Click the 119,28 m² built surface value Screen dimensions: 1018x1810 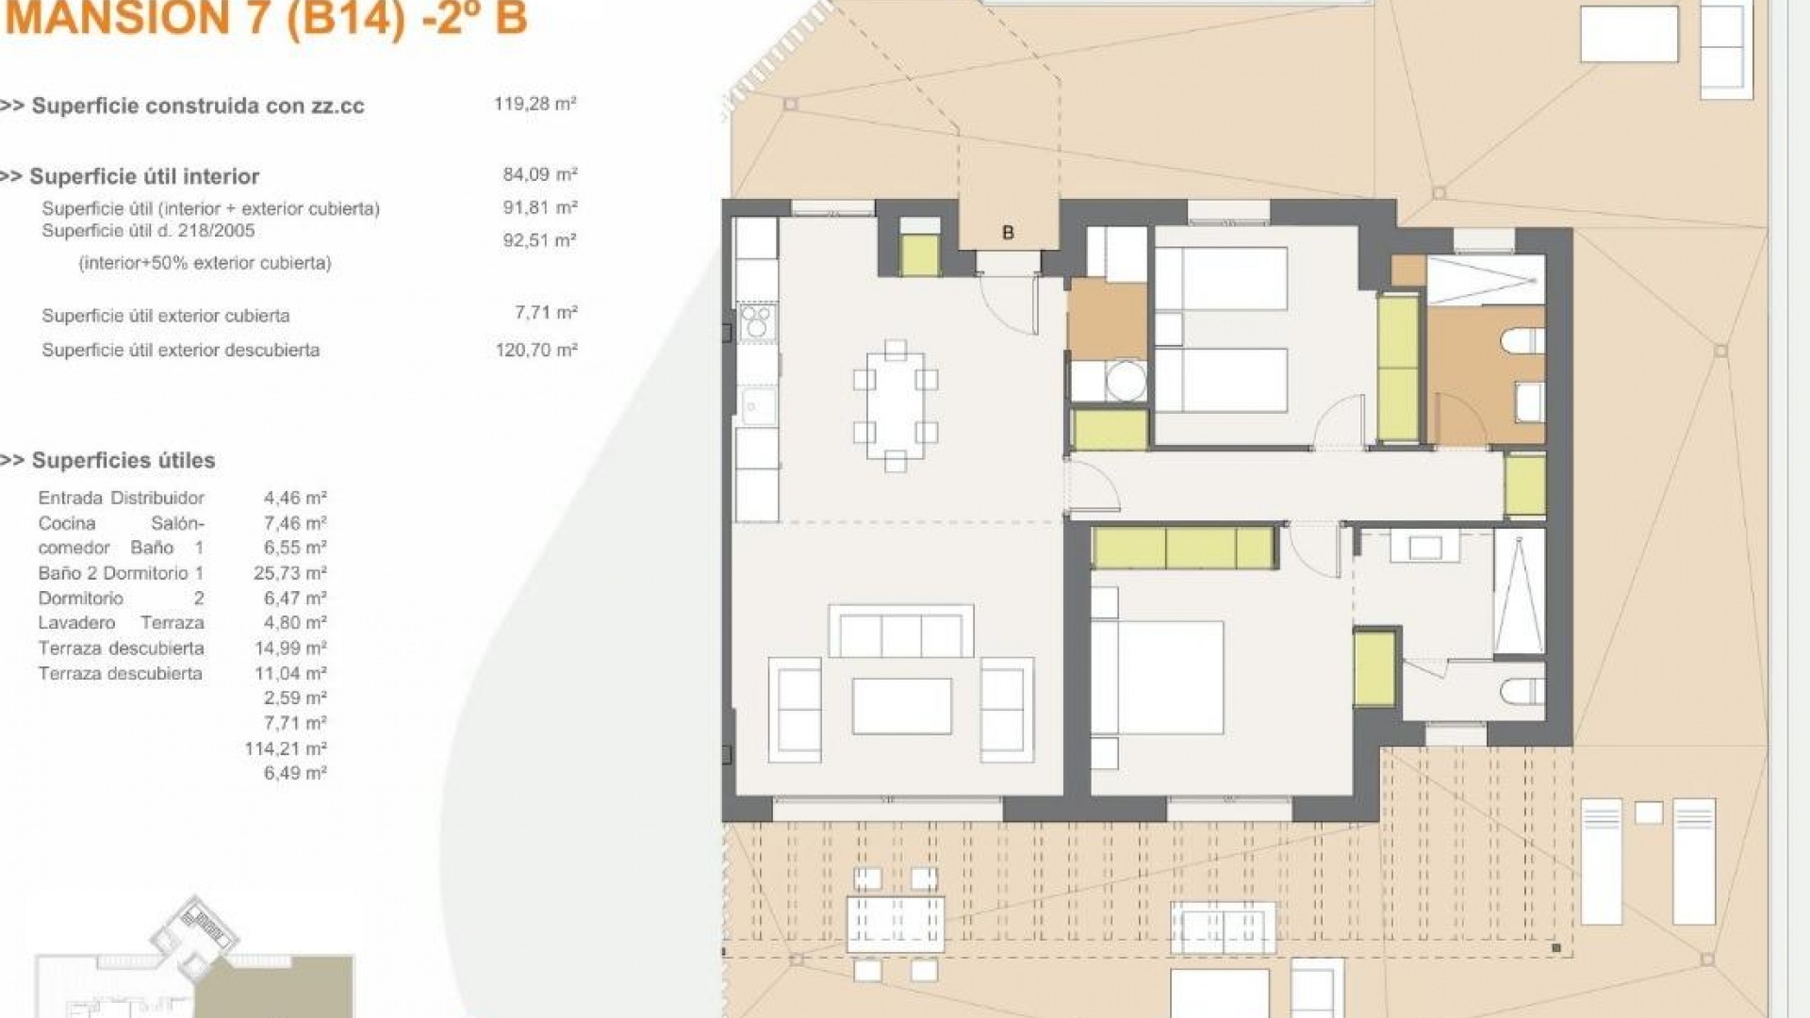click(535, 104)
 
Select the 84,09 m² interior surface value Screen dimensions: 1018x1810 click(539, 174)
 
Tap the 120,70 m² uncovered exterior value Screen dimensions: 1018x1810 click(535, 350)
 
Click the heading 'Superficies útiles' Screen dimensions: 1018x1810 click(123, 460)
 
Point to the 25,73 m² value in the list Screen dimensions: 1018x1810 click(290, 573)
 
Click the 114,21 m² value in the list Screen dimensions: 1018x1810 click(286, 748)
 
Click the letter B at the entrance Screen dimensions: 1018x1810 click(1008, 232)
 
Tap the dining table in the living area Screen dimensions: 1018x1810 click(895, 405)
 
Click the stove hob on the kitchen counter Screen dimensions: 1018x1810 click(757, 321)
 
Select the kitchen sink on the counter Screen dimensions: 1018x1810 click(757, 406)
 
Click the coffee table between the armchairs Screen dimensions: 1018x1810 click(901, 705)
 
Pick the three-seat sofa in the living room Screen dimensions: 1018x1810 click(900, 632)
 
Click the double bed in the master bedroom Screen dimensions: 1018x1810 click(1158, 677)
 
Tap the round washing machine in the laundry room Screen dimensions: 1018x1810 click(1126, 382)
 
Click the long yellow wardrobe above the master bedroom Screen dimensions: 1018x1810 click(1184, 548)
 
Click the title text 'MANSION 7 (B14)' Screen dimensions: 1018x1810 click(206, 19)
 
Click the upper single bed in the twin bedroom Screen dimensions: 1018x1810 click(1221, 279)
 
